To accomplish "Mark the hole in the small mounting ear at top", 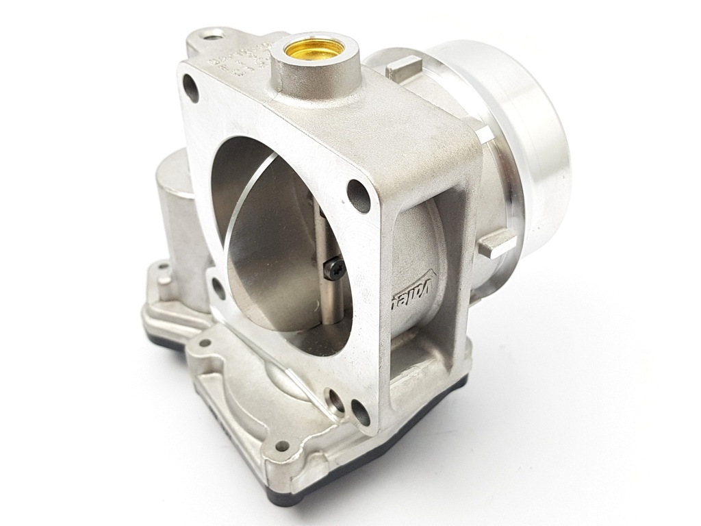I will pyautogui.click(x=214, y=33).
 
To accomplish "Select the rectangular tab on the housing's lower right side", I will pyautogui.click(x=495, y=243).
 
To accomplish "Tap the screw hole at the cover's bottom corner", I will pyautogui.click(x=281, y=445).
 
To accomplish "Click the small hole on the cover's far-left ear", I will pyautogui.click(x=163, y=268).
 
